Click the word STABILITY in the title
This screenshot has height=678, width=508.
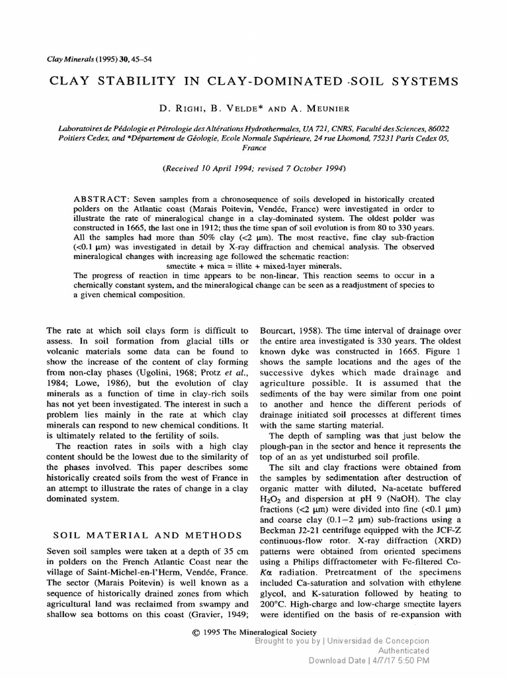click(x=127, y=81)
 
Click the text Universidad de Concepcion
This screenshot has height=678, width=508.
click(x=378, y=641)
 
